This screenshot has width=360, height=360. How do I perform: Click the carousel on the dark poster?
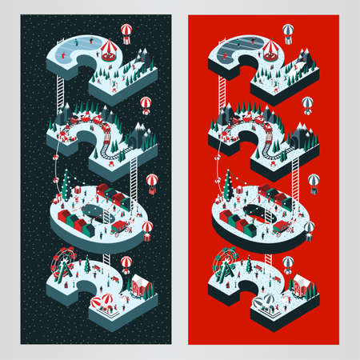pyautogui.click(x=110, y=50)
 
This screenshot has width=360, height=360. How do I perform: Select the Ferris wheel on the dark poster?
pyautogui.click(x=63, y=264)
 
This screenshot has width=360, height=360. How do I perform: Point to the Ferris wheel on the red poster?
pyautogui.click(x=226, y=264)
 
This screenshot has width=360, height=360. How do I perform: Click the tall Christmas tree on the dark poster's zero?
pyautogui.click(x=66, y=186)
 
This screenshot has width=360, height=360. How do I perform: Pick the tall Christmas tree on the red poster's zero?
pyautogui.click(x=229, y=186)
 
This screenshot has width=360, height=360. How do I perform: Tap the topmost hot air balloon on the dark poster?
pyautogui.click(x=126, y=34)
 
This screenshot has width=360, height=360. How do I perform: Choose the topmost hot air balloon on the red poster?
pyautogui.click(x=288, y=34)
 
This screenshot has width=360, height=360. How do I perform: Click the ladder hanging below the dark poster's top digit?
pyautogui.click(x=61, y=94)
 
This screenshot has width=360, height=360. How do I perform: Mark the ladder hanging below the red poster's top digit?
pyautogui.click(x=222, y=94)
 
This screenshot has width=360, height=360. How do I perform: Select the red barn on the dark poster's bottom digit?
pyautogui.click(x=141, y=286)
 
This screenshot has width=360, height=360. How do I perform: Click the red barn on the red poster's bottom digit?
pyautogui.click(x=302, y=286)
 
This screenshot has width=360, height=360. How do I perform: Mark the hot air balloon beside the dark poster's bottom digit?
pyautogui.click(x=126, y=265)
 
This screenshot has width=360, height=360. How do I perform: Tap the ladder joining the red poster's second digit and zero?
pyautogui.click(x=295, y=179)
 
